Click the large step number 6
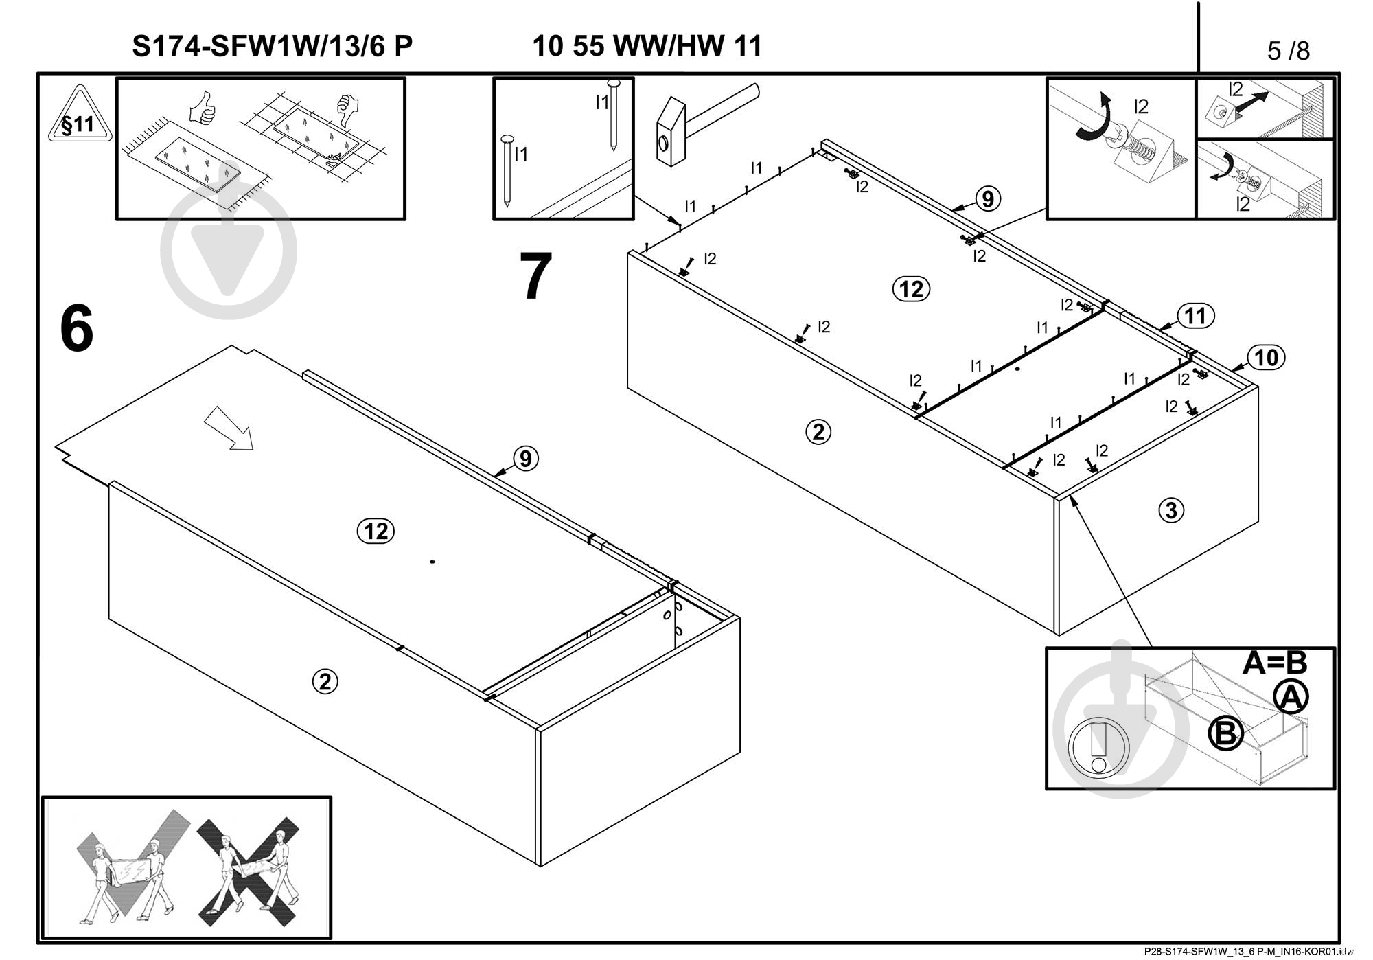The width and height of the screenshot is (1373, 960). (x=76, y=328)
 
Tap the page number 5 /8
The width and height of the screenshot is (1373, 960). (x=1288, y=50)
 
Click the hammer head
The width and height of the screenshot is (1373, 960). (x=671, y=134)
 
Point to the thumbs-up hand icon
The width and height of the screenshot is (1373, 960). (x=203, y=108)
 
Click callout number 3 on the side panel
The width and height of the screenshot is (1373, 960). (x=1171, y=510)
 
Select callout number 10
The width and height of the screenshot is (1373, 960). (x=1266, y=357)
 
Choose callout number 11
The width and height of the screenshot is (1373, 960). (x=1195, y=316)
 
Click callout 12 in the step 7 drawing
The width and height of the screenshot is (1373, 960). (x=911, y=289)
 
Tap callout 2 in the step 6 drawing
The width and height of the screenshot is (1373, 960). (x=325, y=681)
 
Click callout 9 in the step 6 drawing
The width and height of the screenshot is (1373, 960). (x=525, y=458)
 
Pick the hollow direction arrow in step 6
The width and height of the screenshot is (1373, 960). (x=229, y=427)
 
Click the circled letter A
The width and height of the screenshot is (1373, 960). (x=1291, y=698)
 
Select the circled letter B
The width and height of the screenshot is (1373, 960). (x=1225, y=733)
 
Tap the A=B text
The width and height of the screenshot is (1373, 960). (x=1274, y=663)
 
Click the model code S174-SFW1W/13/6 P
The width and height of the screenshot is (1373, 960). (x=272, y=47)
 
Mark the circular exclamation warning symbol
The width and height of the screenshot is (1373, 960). (x=1098, y=748)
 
